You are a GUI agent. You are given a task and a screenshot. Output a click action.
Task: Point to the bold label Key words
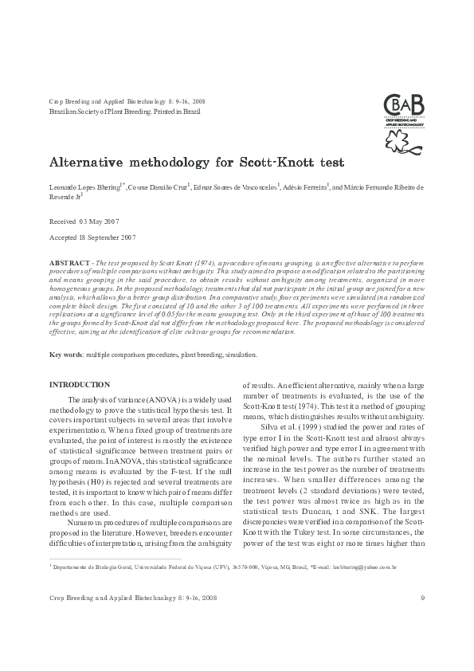tap(67, 354)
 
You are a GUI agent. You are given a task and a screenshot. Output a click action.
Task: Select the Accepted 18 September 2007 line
tap(92, 237)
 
